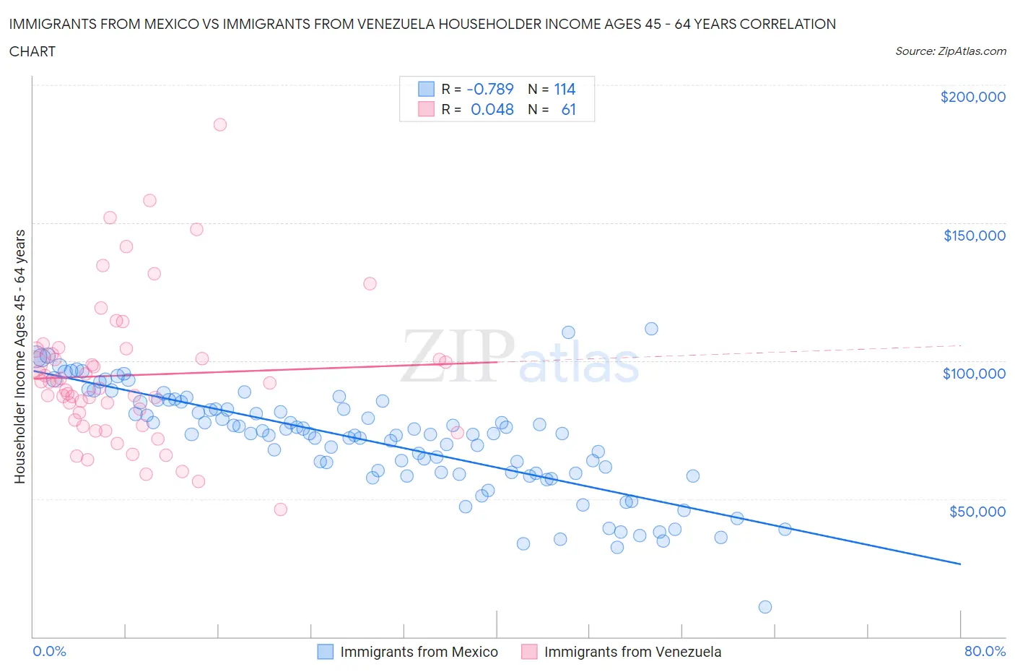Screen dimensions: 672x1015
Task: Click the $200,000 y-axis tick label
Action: (x=972, y=97)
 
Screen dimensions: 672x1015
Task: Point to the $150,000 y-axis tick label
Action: (x=974, y=236)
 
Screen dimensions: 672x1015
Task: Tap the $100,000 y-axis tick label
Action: (x=974, y=374)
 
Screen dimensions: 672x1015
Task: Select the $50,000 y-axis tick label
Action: (x=977, y=512)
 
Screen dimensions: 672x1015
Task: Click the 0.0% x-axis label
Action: (x=49, y=651)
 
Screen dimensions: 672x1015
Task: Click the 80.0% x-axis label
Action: (x=985, y=651)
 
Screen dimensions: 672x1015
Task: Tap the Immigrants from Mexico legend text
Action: (x=419, y=652)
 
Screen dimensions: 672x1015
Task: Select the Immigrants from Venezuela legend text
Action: (x=632, y=652)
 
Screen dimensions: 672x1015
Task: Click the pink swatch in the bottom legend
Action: (x=529, y=652)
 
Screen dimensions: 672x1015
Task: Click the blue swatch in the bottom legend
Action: (x=326, y=652)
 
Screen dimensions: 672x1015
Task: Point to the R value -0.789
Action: (x=490, y=89)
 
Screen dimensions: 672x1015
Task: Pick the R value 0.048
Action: (x=492, y=109)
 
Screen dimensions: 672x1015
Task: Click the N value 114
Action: (x=565, y=89)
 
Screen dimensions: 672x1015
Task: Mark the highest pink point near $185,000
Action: (x=220, y=124)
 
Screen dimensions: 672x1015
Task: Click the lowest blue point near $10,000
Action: (x=765, y=607)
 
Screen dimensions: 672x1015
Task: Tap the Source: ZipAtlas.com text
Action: (x=950, y=51)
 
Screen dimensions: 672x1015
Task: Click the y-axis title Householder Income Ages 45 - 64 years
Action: (x=19, y=356)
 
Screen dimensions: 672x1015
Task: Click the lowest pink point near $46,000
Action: (x=281, y=509)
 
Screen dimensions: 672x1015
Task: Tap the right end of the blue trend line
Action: (x=960, y=564)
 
